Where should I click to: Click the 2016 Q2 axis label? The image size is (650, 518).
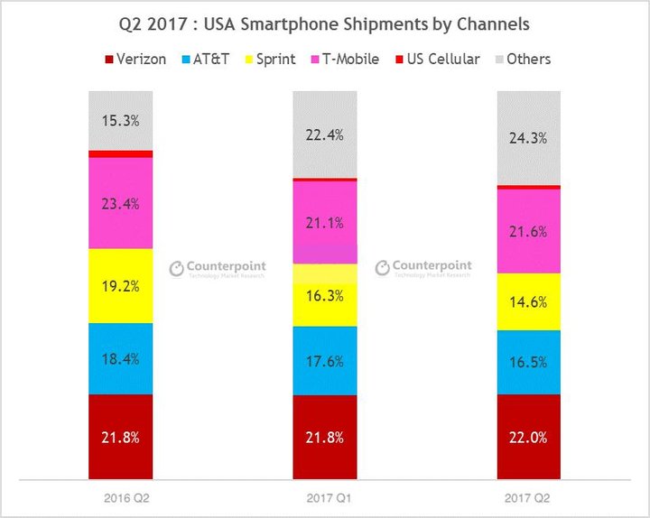(120, 496)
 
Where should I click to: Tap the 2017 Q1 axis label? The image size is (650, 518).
(325, 496)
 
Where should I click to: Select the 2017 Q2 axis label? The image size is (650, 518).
(529, 496)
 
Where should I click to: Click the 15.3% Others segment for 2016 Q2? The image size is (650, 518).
(120, 120)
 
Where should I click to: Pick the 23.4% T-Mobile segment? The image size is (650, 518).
(120, 203)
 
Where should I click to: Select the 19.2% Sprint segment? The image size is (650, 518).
(120, 285)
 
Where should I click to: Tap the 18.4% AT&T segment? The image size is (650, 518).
(120, 358)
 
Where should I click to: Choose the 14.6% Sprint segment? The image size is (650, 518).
(529, 301)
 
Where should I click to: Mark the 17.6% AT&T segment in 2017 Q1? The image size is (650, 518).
(325, 360)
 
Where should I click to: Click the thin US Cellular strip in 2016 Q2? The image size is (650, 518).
(120, 154)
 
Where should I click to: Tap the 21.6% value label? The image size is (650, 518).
(529, 231)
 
